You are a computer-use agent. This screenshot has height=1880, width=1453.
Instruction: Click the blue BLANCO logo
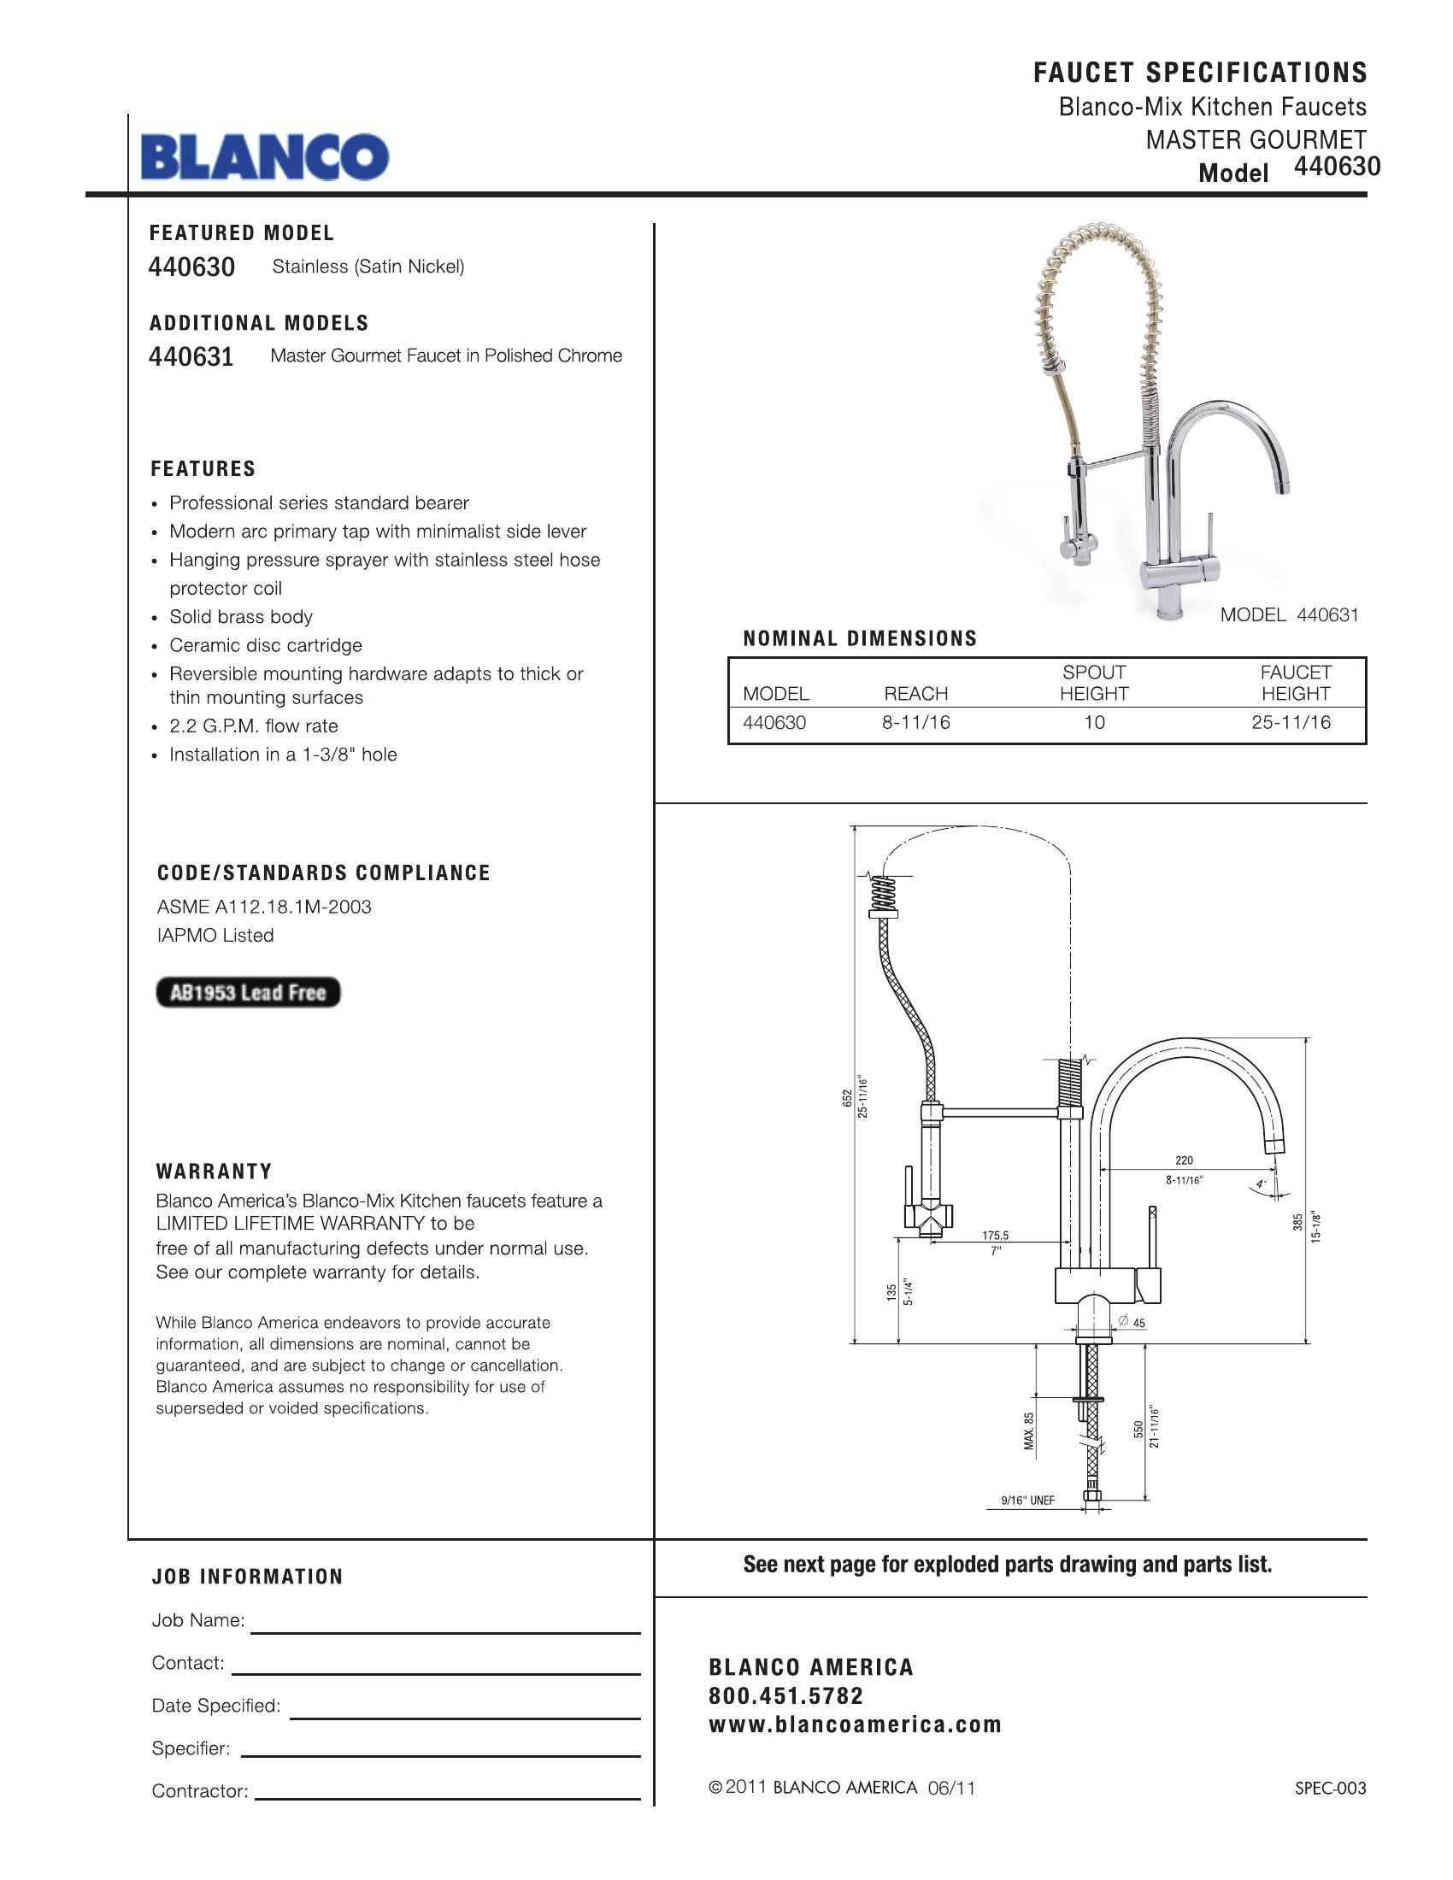point(265,156)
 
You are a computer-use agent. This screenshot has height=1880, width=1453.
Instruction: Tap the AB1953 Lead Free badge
point(248,992)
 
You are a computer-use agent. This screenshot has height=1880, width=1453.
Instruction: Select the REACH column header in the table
point(916,694)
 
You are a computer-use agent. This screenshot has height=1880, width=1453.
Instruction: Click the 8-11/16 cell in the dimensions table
point(916,723)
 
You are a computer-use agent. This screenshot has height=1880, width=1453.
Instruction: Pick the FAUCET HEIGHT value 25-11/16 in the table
point(1291,723)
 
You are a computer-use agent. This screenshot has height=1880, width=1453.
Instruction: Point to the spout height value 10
point(1094,723)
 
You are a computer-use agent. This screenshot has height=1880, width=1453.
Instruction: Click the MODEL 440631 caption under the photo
point(1290,614)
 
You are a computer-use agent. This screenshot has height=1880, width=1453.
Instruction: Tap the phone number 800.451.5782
point(785,1695)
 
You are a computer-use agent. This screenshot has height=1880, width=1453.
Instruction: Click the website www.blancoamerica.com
point(855,1724)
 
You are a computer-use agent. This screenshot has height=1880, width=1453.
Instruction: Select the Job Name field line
point(445,1632)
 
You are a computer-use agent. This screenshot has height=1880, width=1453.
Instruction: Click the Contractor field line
point(449,1798)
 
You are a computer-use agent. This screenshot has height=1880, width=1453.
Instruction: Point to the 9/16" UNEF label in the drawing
point(1027,1501)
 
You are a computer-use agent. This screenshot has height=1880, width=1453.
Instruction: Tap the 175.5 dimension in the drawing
point(995,1237)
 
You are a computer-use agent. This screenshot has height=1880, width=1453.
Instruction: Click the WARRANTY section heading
point(215,1172)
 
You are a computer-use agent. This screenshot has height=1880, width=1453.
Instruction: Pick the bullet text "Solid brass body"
point(241,617)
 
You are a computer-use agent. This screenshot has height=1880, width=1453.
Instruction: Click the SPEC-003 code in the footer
point(1331,1789)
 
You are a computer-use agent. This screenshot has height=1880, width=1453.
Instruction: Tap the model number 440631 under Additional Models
point(191,356)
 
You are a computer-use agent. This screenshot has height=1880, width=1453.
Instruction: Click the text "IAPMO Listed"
point(215,936)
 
